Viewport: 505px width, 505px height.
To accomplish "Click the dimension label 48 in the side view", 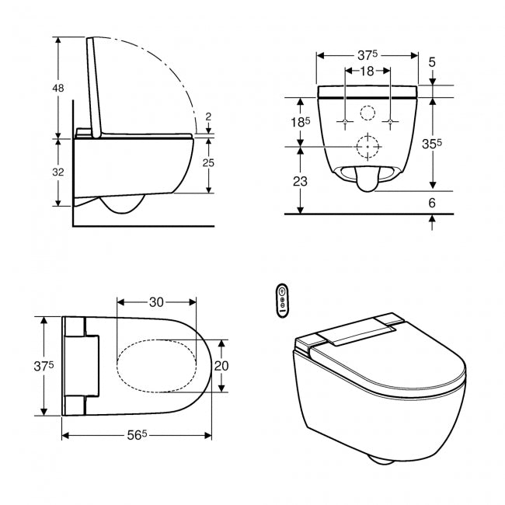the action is click(x=58, y=88).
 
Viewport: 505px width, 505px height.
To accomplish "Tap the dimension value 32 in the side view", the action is click(x=58, y=172).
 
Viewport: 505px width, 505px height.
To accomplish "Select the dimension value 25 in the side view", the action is click(x=208, y=163).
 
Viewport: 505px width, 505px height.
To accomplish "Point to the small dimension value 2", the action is click(x=208, y=117).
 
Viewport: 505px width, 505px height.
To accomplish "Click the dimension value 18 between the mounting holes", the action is click(x=367, y=71).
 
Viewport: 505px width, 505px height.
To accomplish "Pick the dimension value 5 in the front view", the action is click(x=432, y=62).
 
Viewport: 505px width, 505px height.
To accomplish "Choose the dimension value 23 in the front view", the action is click(x=300, y=182).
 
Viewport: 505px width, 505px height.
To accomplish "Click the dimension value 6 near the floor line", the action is click(x=432, y=203).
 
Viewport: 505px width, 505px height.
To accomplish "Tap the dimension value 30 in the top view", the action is click(x=156, y=302).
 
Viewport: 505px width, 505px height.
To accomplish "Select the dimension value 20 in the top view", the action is click(x=221, y=366).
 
